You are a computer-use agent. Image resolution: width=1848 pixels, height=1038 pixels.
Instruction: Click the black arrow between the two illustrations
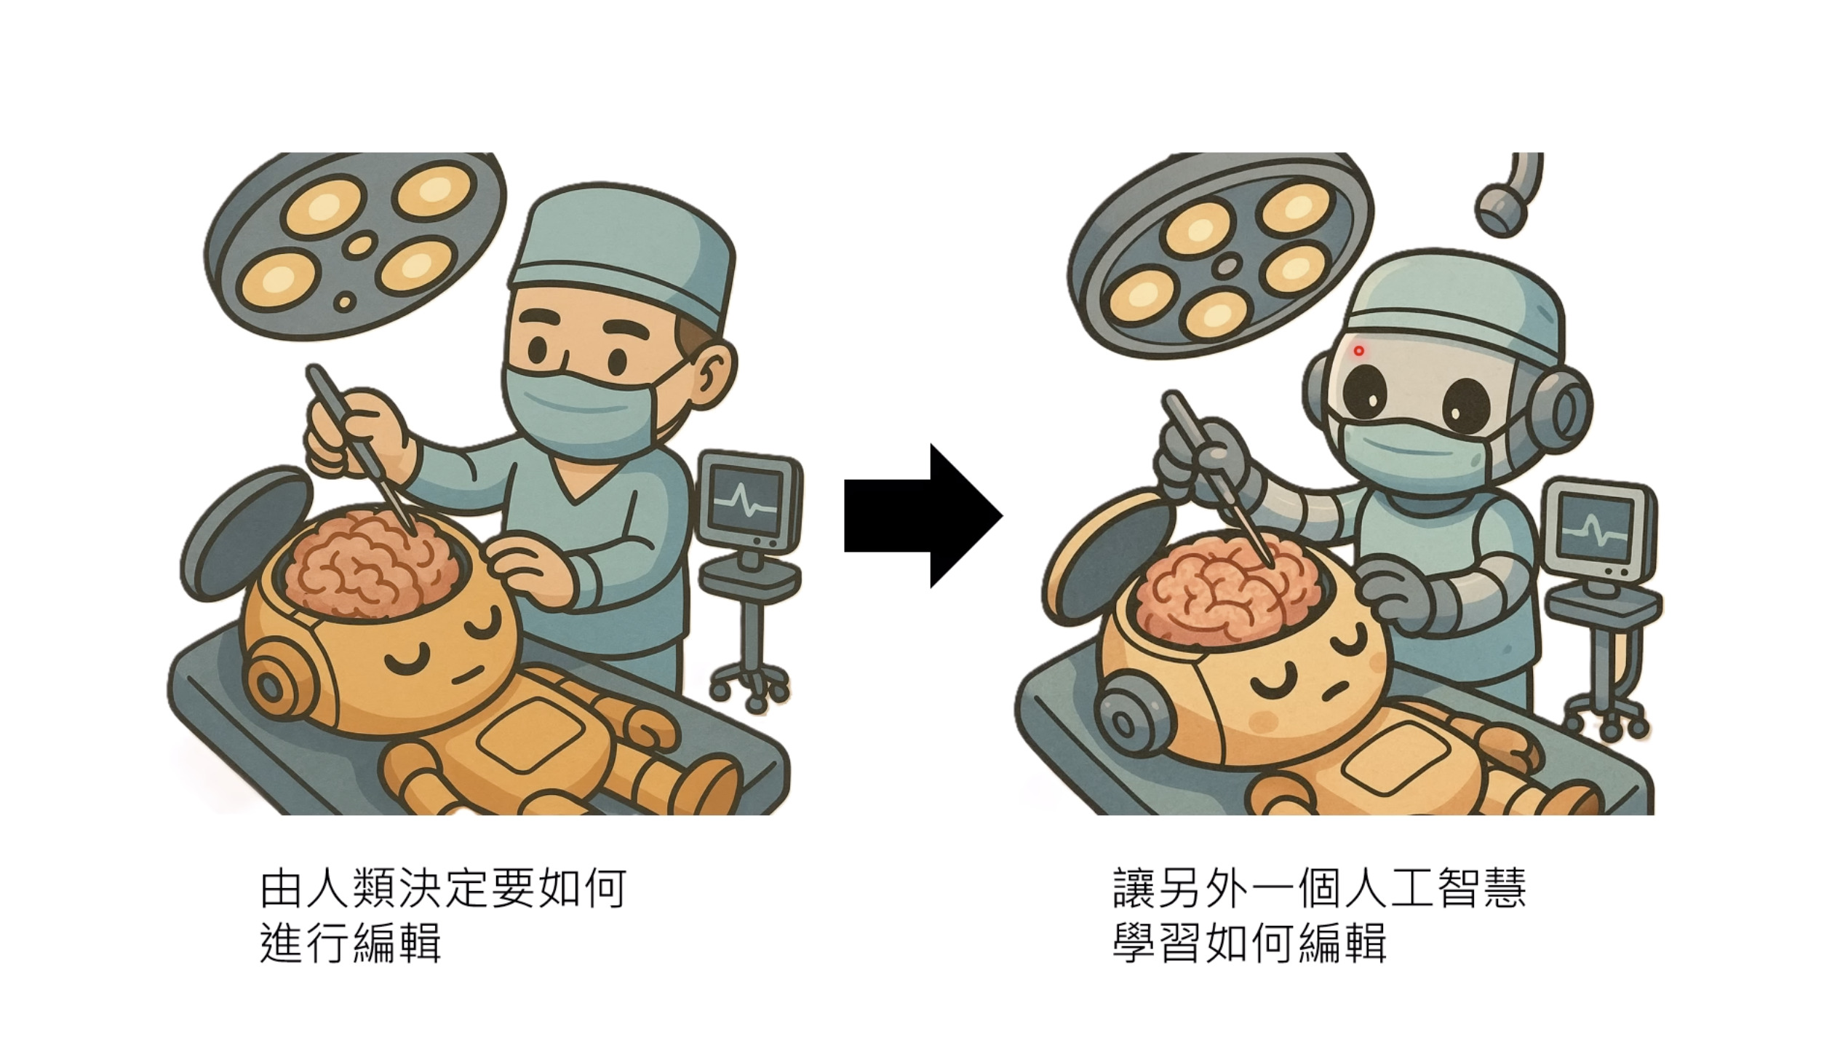pyautogui.click(x=923, y=516)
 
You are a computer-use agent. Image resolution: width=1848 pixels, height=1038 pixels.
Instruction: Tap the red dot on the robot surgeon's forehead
pyautogui.click(x=1358, y=351)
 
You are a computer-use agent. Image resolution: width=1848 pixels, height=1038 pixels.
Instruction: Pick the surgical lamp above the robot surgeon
pyautogui.click(x=1221, y=251)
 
